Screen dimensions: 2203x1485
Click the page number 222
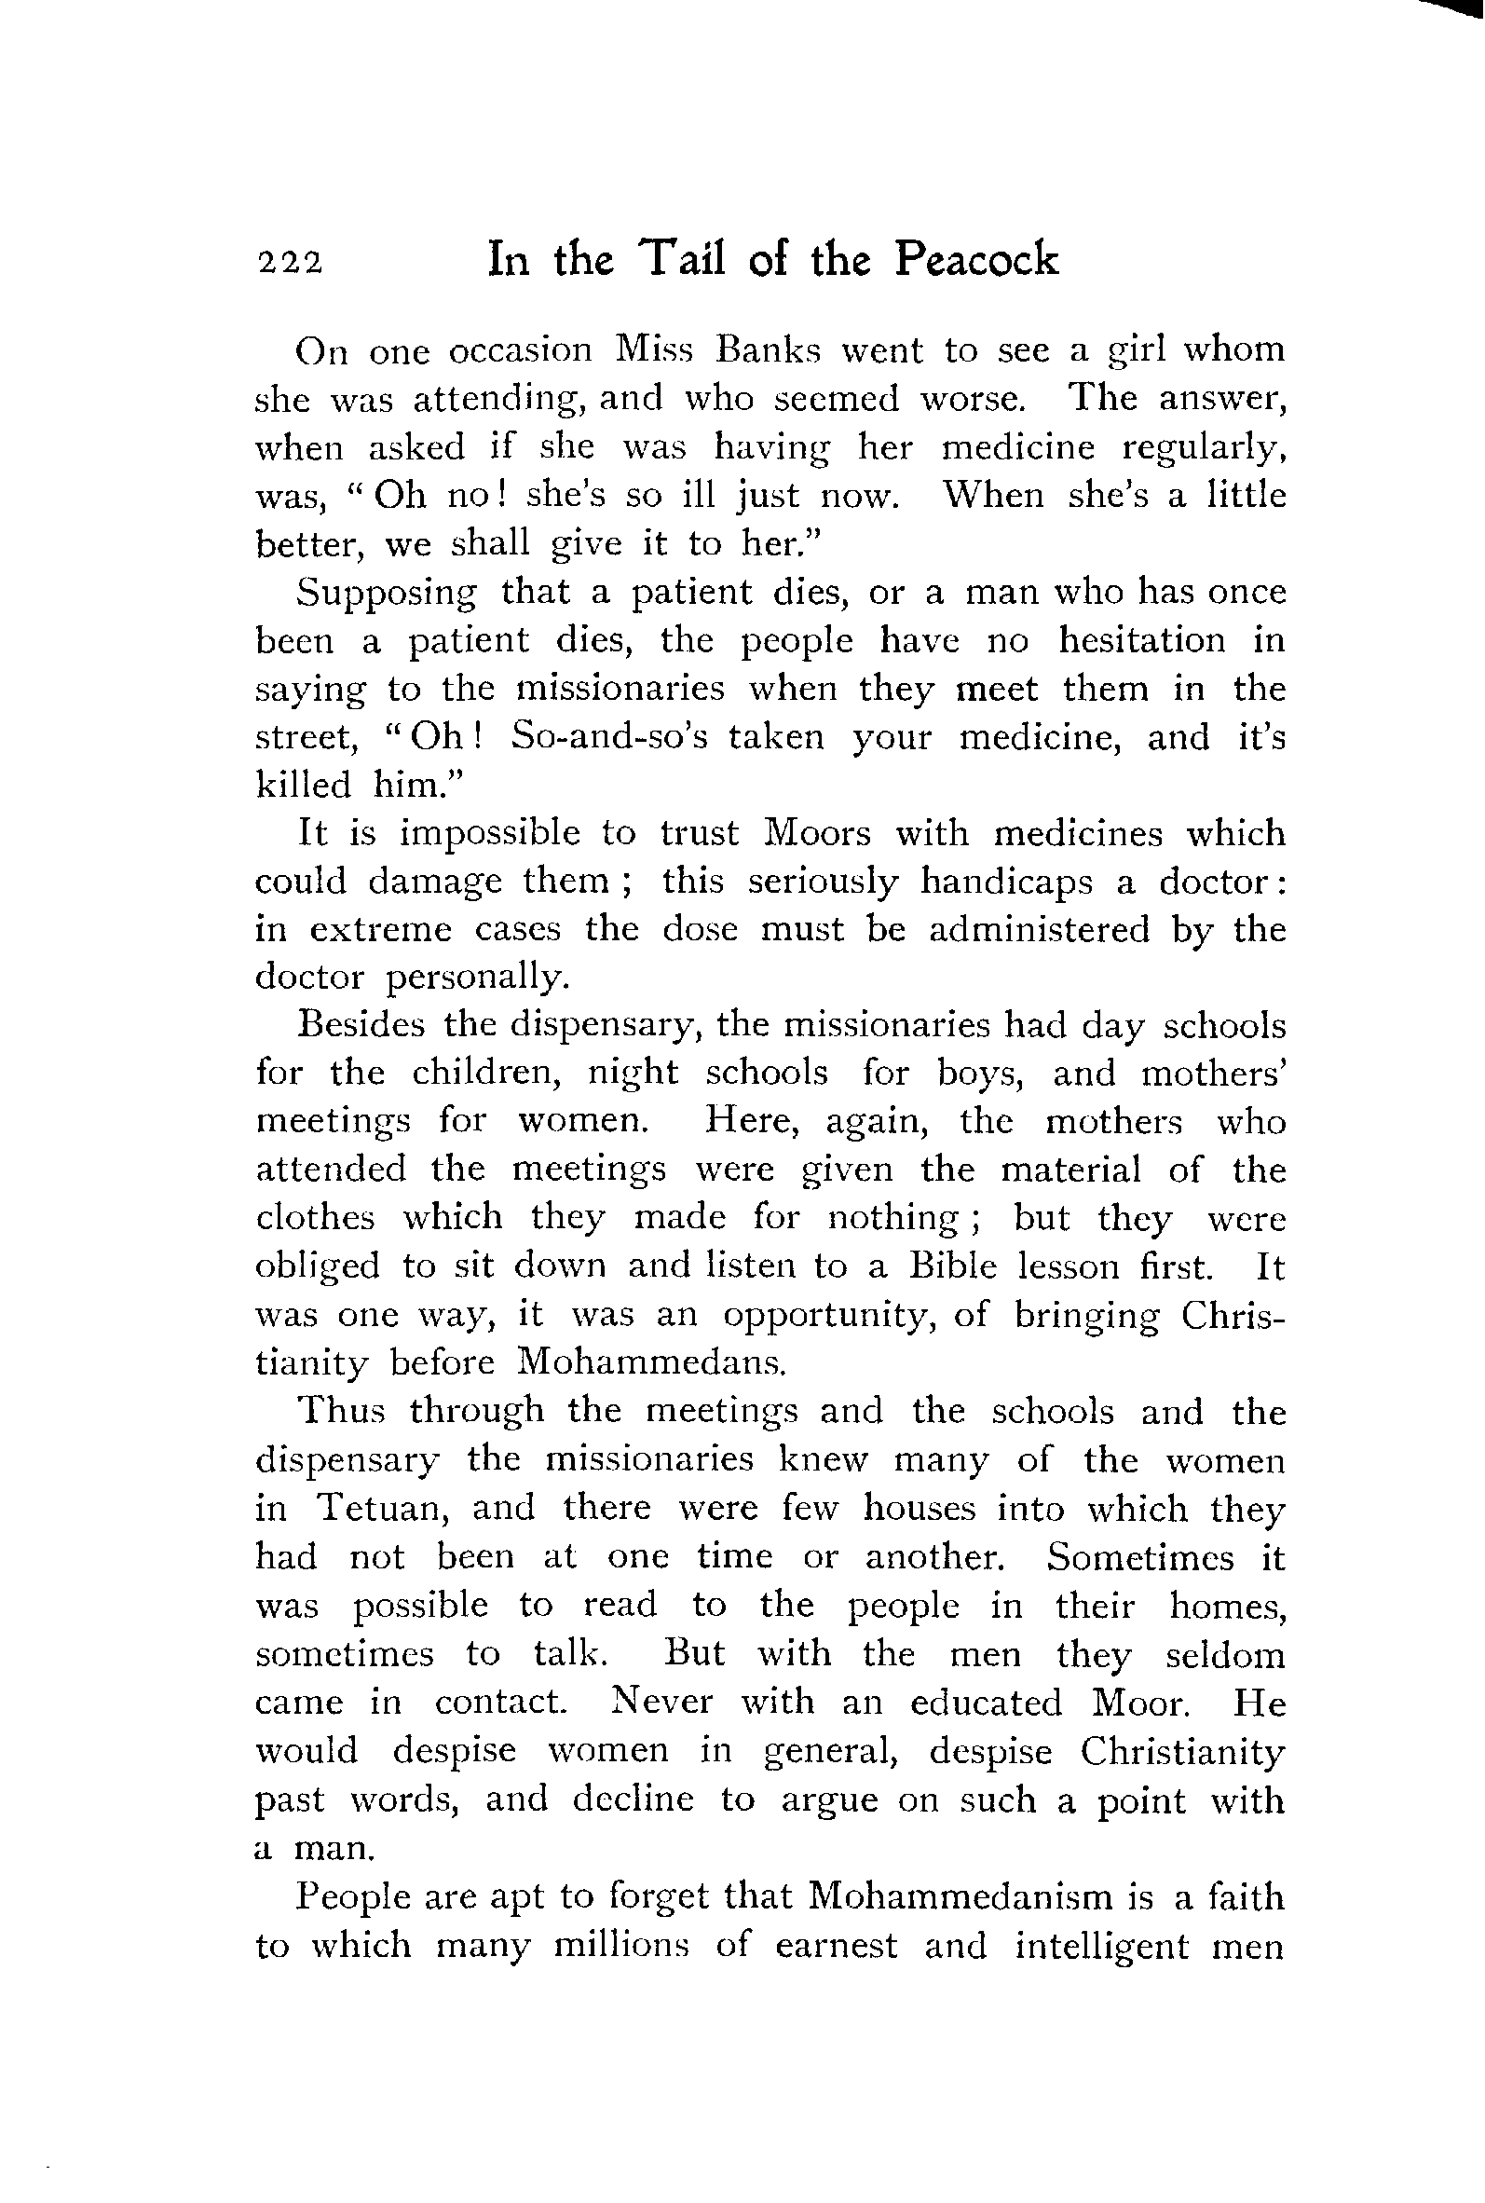point(290,263)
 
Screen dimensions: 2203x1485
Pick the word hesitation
point(1141,640)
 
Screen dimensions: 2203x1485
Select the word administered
point(1038,930)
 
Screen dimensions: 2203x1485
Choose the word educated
point(986,1702)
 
